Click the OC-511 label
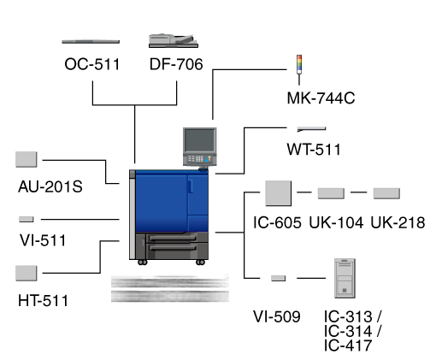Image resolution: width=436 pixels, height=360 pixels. (92, 64)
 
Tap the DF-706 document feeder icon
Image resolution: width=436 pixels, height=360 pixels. (174, 41)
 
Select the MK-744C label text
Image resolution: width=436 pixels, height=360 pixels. (321, 98)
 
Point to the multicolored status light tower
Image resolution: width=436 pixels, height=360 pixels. (299, 69)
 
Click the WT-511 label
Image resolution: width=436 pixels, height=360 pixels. (314, 150)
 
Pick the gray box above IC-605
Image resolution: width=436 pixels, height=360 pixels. (278, 193)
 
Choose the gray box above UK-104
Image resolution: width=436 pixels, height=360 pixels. (331, 193)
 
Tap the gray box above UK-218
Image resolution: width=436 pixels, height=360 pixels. (386, 193)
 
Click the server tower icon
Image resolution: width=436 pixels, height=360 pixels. (345, 278)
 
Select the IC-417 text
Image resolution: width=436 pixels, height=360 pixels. (348, 345)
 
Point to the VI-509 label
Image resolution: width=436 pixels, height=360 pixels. (277, 316)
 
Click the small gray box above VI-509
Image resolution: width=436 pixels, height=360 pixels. (278, 278)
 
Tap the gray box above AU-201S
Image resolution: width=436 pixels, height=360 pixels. (27, 159)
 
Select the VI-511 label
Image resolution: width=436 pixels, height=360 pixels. (43, 240)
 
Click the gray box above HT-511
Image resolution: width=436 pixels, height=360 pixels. (27, 273)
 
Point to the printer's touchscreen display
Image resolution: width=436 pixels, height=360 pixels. (199, 140)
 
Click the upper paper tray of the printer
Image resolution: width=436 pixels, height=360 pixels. (173, 239)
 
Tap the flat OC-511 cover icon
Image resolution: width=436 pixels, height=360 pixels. (91, 42)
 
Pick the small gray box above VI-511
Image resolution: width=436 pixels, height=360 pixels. (27, 219)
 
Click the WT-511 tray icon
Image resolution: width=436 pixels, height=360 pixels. (311, 129)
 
